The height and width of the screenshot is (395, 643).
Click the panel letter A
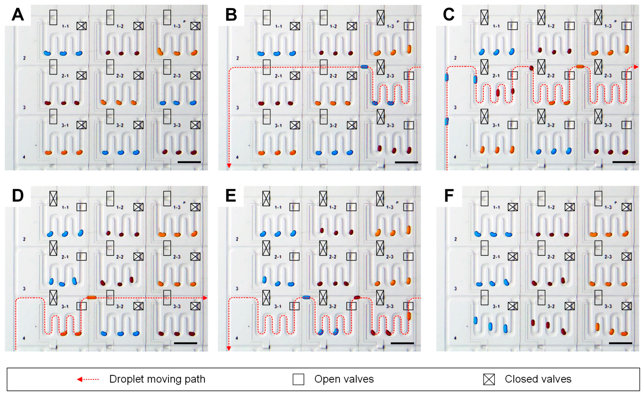click(x=18, y=15)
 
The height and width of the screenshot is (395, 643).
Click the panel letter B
click(x=231, y=15)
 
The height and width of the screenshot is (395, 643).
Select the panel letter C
click(x=449, y=15)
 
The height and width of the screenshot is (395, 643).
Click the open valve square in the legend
click(x=298, y=379)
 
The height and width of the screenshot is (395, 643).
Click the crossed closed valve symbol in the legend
click(x=489, y=379)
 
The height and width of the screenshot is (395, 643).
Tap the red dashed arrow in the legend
click(x=88, y=379)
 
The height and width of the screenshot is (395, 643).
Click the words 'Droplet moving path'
click(x=157, y=379)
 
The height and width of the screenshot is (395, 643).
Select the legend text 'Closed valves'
click(x=538, y=379)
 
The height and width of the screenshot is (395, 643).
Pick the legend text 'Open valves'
click(x=344, y=379)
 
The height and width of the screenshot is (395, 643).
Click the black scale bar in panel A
click(x=189, y=162)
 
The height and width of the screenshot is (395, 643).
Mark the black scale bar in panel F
click(x=620, y=343)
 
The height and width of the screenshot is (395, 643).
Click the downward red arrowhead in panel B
click(x=229, y=166)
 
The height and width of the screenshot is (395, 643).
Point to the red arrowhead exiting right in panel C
click(x=636, y=67)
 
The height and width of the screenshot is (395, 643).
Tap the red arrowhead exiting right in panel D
click(x=205, y=298)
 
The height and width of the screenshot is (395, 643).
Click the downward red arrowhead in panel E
click(x=229, y=348)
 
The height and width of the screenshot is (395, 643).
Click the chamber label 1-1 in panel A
click(x=65, y=26)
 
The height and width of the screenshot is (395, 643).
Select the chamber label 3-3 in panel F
click(x=608, y=306)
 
